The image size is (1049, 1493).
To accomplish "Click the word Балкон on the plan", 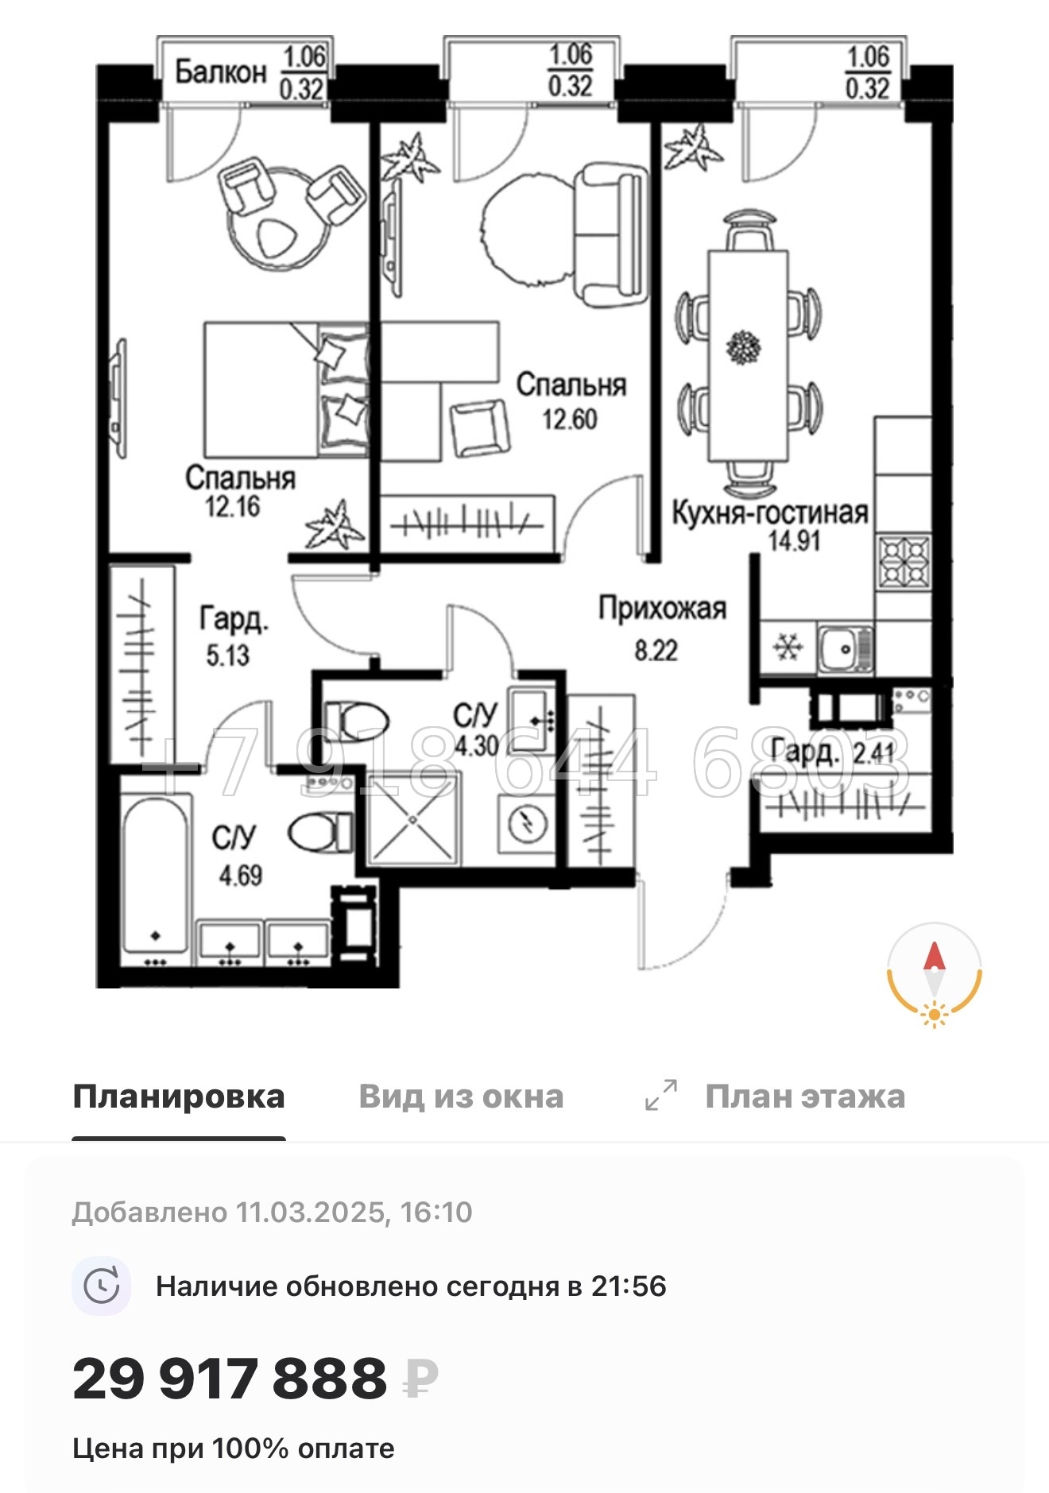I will (x=220, y=72).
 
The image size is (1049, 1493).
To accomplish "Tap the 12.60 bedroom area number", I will (x=569, y=419).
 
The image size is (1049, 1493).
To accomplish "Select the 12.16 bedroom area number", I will (x=232, y=506).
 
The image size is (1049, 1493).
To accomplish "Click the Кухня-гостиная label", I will (x=769, y=513).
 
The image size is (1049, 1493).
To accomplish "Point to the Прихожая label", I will (x=662, y=609).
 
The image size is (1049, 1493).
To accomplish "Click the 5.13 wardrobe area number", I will (x=227, y=656).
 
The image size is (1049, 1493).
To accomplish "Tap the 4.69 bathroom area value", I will (x=240, y=876).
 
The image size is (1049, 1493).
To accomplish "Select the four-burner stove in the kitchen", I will (x=904, y=562).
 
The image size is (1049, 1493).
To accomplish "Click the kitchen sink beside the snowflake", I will (x=845, y=648).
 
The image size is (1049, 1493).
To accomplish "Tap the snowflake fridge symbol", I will (x=788, y=648).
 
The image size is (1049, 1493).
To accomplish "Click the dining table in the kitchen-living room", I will (x=748, y=355).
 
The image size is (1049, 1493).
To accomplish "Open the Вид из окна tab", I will (x=461, y=1097).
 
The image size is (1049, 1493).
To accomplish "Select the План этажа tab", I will (x=804, y=1097).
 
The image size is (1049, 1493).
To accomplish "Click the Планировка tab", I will (x=179, y=1097).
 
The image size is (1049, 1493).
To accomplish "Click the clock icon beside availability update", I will (x=102, y=1286).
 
